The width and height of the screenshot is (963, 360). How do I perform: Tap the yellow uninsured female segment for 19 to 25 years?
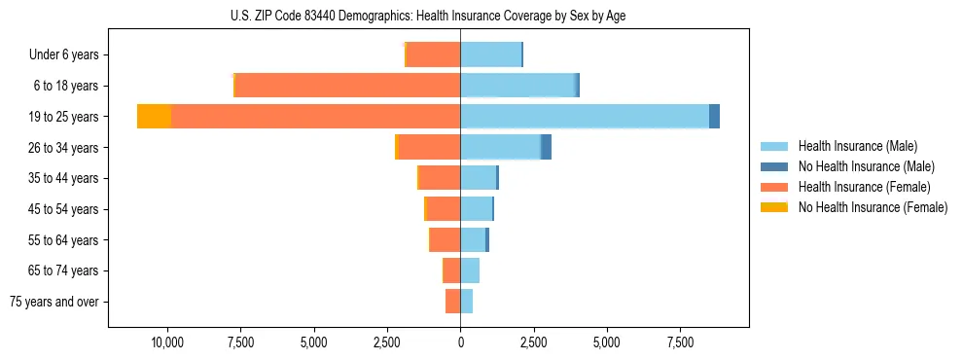coord(154,117)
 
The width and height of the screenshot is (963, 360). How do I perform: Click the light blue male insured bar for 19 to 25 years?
coord(584,117)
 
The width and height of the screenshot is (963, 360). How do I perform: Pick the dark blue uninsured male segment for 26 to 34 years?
coord(547,147)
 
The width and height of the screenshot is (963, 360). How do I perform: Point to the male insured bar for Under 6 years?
coord(490,54)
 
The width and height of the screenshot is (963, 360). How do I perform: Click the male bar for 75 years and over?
coord(467,302)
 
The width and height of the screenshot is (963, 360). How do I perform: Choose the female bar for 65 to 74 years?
coord(451,270)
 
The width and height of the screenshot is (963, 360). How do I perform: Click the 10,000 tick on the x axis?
coord(168,342)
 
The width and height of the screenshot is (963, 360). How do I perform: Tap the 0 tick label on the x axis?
coord(460,342)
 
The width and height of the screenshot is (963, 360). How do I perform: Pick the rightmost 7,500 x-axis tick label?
coord(680,342)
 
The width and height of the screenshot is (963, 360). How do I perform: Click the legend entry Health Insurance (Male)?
coord(857,146)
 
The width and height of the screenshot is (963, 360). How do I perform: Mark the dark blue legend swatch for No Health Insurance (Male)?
coord(774,166)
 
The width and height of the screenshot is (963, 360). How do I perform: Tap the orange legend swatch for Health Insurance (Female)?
coord(774,187)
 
